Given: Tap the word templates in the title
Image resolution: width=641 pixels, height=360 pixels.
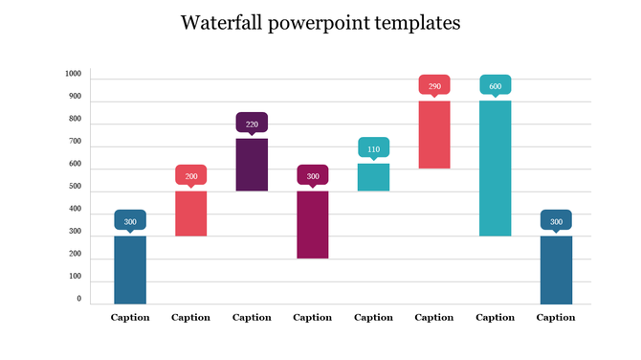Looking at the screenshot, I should click(x=417, y=23).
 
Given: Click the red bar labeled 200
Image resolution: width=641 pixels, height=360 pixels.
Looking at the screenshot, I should click(x=190, y=213).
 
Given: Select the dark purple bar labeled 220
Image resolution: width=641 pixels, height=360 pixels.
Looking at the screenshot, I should click(x=252, y=164).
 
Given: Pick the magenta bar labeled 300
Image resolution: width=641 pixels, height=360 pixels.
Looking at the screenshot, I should click(x=313, y=224).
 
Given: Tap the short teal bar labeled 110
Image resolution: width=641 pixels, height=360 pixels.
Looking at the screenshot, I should click(x=374, y=177).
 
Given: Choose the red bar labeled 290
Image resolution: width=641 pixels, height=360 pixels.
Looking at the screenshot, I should click(x=434, y=134).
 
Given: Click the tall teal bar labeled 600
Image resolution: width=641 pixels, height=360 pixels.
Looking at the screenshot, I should click(x=496, y=168).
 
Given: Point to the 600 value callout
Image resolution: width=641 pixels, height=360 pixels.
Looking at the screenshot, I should click(x=496, y=85).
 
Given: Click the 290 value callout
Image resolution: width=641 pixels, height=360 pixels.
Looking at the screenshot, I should click(x=434, y=85).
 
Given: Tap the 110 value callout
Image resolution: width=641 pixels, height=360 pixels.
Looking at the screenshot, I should click(x=374, y=148).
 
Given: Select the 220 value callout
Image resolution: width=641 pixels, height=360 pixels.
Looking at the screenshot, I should click(x=252, y=124).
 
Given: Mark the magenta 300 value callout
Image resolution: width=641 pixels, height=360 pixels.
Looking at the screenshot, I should click(x=313, y=175).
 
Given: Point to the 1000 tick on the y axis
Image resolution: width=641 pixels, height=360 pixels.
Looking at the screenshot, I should click(x=74, y=74).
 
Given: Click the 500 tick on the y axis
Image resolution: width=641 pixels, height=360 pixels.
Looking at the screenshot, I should click(x=74, y=187).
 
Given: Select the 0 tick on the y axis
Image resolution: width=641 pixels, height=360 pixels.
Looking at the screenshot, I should click(x=78, y=300).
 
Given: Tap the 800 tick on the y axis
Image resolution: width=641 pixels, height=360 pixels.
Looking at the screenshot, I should click(x=74, y=120).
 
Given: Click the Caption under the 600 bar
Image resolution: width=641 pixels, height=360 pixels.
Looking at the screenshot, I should click(x=496, y=317).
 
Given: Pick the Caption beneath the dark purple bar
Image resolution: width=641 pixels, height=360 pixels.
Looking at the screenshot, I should click(x=252, y=317).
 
